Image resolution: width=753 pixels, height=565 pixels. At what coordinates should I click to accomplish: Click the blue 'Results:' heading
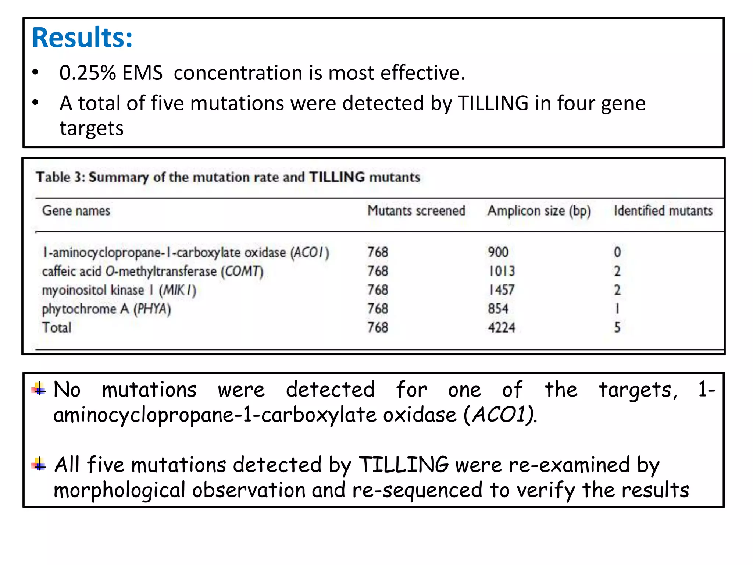click(x=82, y=38)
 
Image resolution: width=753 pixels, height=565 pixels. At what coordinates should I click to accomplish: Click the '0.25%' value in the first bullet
click(x=88, y=73)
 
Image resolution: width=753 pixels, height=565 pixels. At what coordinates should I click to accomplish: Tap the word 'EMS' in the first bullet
click(x=142, y=73)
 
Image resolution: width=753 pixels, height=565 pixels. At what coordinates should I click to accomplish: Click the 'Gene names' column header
click(x=76, y=211)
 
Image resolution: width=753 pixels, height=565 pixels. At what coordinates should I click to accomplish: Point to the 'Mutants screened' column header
click(x=416, y=211)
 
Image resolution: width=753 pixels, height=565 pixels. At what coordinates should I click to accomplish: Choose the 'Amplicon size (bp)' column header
click(x=539, y=211)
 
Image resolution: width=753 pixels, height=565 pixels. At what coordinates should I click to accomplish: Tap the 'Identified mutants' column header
click(x=663, y=211)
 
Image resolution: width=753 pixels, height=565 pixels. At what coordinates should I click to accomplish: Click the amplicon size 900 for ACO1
click(x=498, y=252)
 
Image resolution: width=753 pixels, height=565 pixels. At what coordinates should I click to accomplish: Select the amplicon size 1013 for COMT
click(x=502, y=271)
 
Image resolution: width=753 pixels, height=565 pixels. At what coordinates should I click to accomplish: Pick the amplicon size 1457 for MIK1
click(x=502, y=290)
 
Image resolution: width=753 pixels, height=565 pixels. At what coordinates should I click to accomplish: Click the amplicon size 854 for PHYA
click(x=498, y=309)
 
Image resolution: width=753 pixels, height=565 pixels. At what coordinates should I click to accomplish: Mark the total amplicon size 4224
click(x=502, y=327)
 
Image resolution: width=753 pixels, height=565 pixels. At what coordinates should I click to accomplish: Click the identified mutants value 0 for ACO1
click(x=617, y=252)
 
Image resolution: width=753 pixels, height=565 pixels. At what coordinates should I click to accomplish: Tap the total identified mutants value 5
click(x=617, y=327)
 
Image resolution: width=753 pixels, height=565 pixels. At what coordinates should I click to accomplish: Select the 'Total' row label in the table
click(x=57, y=327)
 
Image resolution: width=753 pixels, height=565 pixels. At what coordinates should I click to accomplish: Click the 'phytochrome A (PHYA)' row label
click(x=106, y=309)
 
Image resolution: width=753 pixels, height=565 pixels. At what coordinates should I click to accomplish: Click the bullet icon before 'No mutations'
click(x=39, y=389)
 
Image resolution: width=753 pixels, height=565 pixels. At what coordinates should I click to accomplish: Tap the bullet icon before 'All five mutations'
click(x=39, y=464)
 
